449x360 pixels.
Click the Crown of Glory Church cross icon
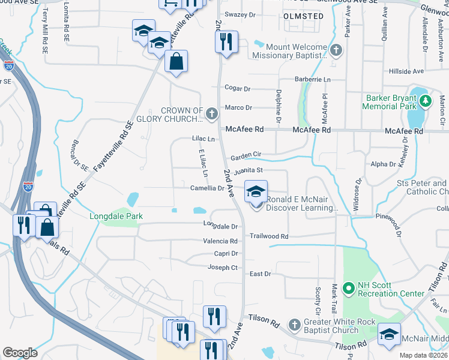tap(211, 113)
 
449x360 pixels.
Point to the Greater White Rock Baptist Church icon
tap(294, 325)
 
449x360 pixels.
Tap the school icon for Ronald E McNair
tap(256, 193)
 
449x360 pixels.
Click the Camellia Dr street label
tap(207, 188)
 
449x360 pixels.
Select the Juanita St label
tap(249, 171)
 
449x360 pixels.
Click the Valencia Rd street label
tap(221, 241)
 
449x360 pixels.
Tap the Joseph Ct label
tap(223, 268)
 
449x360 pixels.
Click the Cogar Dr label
tap(237, 88)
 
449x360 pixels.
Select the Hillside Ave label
tap(406, 71)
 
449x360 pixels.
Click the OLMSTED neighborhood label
tap(303, 16)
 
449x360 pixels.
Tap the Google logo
tap(20, 353)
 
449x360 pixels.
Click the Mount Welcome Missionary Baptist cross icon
tap(337, 50)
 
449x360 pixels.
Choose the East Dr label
tap(260, 274)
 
